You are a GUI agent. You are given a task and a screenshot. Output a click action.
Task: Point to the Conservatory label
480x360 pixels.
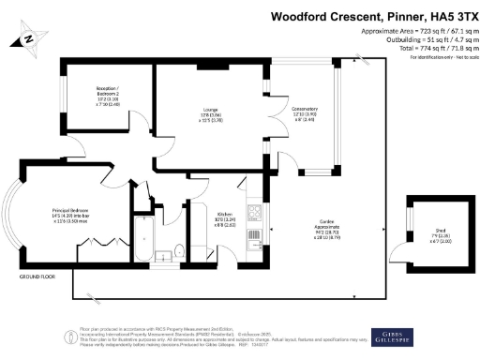coord(306,110)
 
